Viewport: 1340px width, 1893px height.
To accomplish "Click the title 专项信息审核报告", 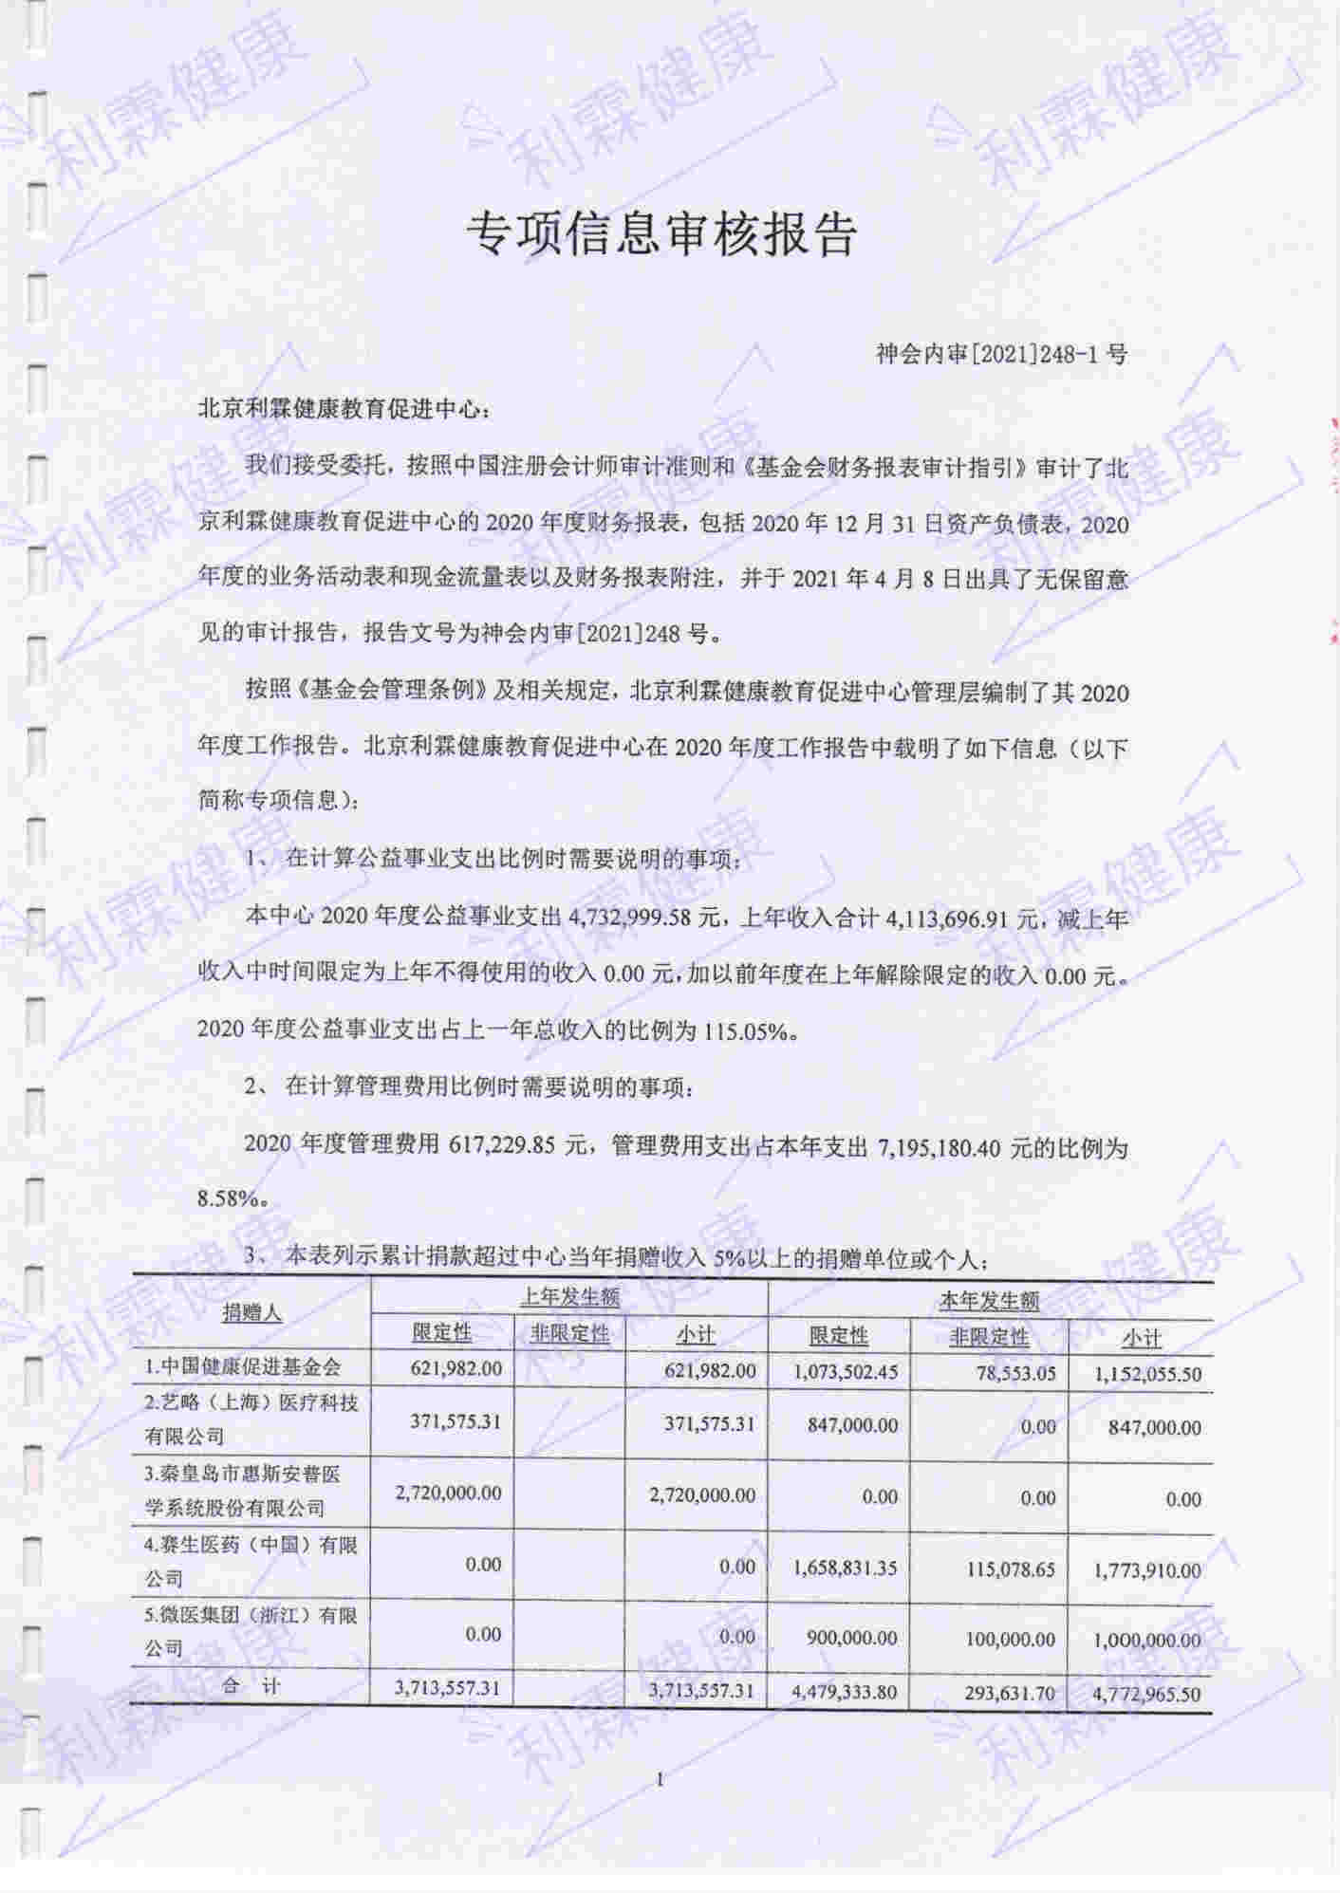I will [x=661, y=234].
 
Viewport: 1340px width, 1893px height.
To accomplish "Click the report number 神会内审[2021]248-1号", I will [x=1002, y=355].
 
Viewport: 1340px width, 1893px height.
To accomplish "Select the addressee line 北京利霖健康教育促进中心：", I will [x=345, y=411].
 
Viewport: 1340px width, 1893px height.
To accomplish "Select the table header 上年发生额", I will [x=569, y=1296].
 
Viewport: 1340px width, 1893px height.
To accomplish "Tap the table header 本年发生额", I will [x=989, y=1300].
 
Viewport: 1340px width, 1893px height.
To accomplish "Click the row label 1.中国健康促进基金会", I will [x=243, y=1367].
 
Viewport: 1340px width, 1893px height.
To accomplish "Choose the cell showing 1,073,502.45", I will [x=846, y=1371].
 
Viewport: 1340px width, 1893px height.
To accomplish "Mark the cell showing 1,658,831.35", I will [x=845, y=1568].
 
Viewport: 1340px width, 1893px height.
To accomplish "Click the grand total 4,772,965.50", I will [x=1146, y=1694].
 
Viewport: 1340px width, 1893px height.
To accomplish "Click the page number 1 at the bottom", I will [x=661, y=1780].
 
